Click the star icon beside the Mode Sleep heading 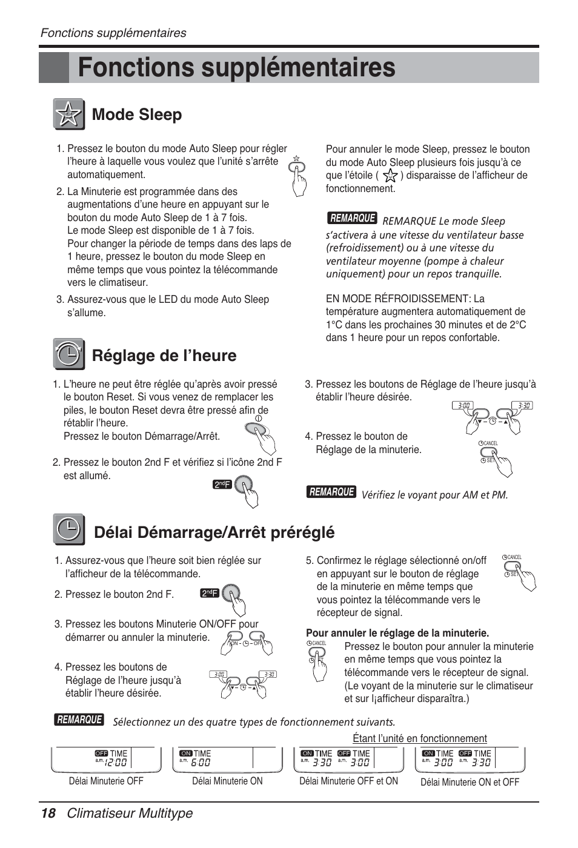(x=68, y=114)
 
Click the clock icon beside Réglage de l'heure (x=68, y=354)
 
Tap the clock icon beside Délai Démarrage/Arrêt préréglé (x=68, y=530)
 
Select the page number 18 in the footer (x=48, y=813)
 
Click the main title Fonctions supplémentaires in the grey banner (x=236, y=67)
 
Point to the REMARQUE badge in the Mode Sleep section (x=352, y=218)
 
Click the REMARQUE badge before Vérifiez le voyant (x=331, y=492)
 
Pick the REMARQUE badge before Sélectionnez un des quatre (x=79, y=720)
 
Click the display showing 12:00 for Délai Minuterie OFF (x=107, y=760)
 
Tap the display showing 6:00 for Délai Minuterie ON (x=227, y=760)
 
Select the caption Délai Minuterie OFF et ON (x=348, y=781)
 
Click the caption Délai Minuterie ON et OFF (x=470, y=782)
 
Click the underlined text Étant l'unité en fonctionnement (x=419, y=738)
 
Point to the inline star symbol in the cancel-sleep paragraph (x=390, y=176)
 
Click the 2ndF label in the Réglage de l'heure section (x=222, y=485)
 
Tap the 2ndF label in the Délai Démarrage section (x=210, y=594)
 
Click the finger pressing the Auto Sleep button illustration (x=298, y=177)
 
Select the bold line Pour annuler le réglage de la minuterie (x=397, y=633)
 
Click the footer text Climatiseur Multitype (x=130, y=813)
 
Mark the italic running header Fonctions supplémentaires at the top (x=113, y=33)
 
